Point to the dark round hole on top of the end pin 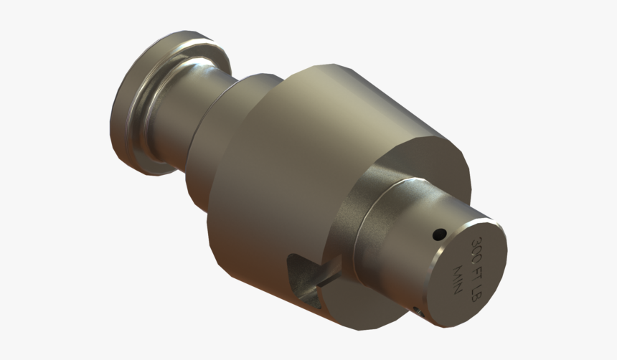click(438, 234)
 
